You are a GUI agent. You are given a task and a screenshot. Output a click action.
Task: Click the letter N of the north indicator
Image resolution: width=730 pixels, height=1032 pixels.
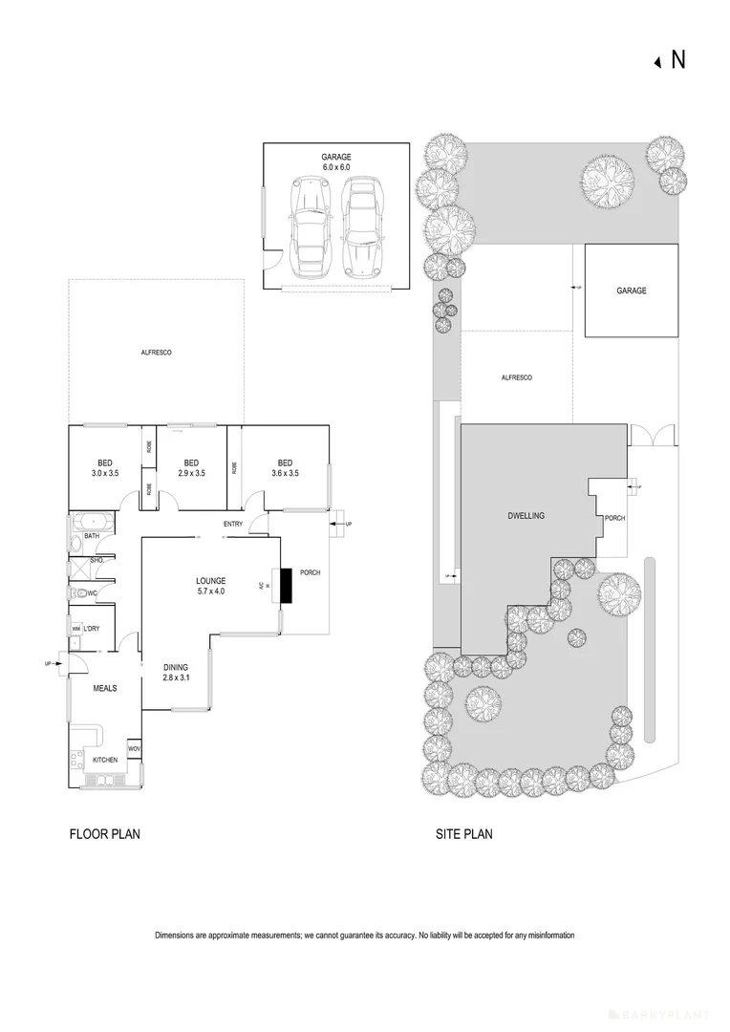point(678,59)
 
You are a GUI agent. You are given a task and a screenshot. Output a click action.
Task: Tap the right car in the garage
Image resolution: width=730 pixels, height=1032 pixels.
point(359,228)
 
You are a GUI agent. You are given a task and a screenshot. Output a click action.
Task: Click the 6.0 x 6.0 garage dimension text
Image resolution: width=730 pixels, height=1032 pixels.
point(336,166)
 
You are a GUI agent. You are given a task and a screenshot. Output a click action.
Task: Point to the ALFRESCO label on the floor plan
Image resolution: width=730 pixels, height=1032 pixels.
point(155,353)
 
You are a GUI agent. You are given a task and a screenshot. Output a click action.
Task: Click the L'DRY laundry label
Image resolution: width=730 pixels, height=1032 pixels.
point(93,628)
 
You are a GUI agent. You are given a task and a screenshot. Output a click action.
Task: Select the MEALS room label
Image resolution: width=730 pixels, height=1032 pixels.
point(104,686)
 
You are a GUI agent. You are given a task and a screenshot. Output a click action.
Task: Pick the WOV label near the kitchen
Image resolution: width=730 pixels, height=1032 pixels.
point(135,748)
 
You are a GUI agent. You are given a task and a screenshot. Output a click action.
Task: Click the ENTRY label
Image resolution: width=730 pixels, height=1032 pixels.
point(232,524)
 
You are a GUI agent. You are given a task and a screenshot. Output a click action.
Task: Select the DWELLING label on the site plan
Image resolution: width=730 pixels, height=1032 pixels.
point(526,516)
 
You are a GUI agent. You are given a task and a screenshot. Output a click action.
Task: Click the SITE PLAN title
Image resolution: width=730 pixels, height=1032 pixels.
point(464,834)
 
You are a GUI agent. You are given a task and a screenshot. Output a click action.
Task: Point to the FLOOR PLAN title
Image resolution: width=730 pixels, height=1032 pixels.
point(105,834)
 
